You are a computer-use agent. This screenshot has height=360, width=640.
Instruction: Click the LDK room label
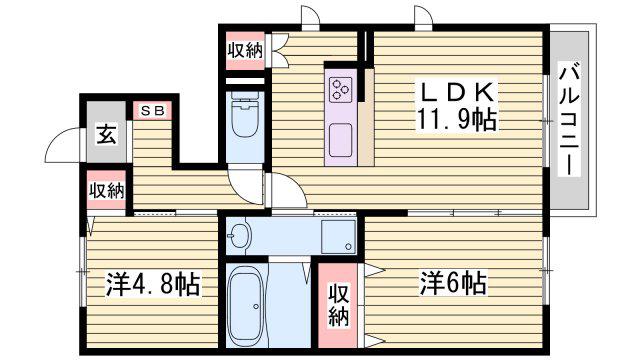456,92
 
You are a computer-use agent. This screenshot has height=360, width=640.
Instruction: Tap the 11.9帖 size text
456,119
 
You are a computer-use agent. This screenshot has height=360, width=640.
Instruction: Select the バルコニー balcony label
569,120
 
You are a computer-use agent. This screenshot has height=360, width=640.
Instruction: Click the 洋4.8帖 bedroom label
153,284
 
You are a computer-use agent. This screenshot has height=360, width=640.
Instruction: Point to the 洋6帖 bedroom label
453,283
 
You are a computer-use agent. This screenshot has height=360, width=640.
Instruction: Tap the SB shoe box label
153,110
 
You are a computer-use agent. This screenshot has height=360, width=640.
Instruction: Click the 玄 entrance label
106,134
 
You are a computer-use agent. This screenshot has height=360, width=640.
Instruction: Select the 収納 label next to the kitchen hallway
245,51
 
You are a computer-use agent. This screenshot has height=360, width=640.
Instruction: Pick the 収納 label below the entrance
106,191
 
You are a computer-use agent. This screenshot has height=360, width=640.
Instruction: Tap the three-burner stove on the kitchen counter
340,90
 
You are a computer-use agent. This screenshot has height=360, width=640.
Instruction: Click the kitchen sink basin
340,140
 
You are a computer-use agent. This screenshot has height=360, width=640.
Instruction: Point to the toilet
245,114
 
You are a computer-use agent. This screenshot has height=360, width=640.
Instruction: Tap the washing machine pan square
338,237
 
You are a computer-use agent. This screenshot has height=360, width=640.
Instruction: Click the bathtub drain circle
256,306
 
